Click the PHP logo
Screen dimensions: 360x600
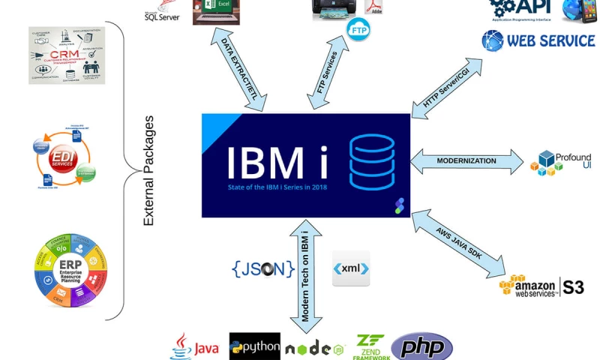pos(421,346)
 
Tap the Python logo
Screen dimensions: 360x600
pos(255,347)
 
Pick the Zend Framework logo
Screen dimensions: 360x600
pos(371,347)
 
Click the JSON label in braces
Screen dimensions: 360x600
pos(263,268)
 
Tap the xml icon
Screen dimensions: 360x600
pos(351,268)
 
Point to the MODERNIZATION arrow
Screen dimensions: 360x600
pos(466,160)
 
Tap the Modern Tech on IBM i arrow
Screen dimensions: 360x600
pos(306,277)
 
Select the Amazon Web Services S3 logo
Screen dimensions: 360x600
pos(541,286)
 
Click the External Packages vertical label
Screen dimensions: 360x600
pos(148,171)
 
